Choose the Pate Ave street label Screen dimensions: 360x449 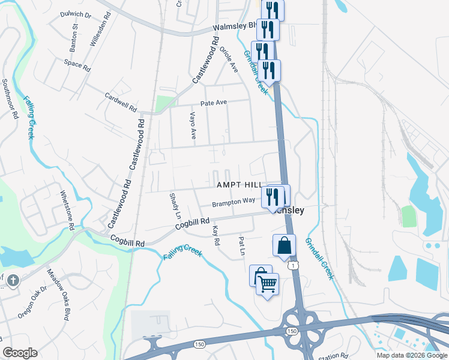click(x=214, y=103)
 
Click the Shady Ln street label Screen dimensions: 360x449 click(x=175, y=206)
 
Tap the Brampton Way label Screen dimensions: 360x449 click(x=234, y=202)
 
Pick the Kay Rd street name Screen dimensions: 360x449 click(x=216, y=235)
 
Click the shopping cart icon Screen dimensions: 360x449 click(x=268, y=283)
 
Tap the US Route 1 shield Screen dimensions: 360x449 click(x=292, y=265)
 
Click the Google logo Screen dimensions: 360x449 click(x=20, y=353)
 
